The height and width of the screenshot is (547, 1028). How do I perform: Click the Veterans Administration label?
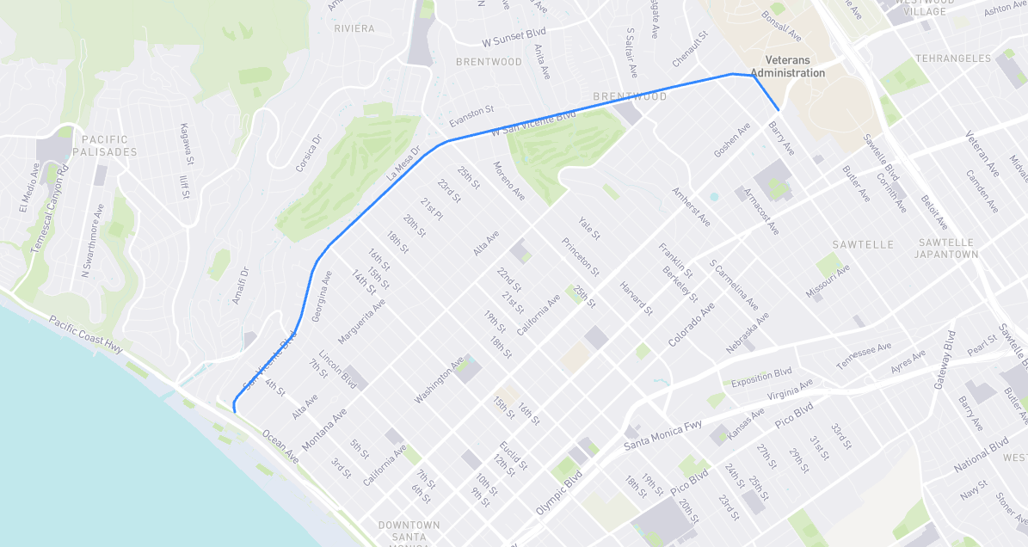[788, 66]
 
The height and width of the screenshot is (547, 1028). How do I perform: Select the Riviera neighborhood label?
[354, 28]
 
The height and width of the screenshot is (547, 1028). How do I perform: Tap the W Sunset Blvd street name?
[515, 40]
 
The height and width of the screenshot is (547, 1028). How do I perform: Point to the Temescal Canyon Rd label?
[49, 208]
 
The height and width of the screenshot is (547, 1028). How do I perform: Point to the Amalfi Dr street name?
[240, 286]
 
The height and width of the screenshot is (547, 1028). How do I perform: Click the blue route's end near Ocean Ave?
[235, 411]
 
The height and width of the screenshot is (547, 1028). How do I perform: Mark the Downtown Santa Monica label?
[409, 531]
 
